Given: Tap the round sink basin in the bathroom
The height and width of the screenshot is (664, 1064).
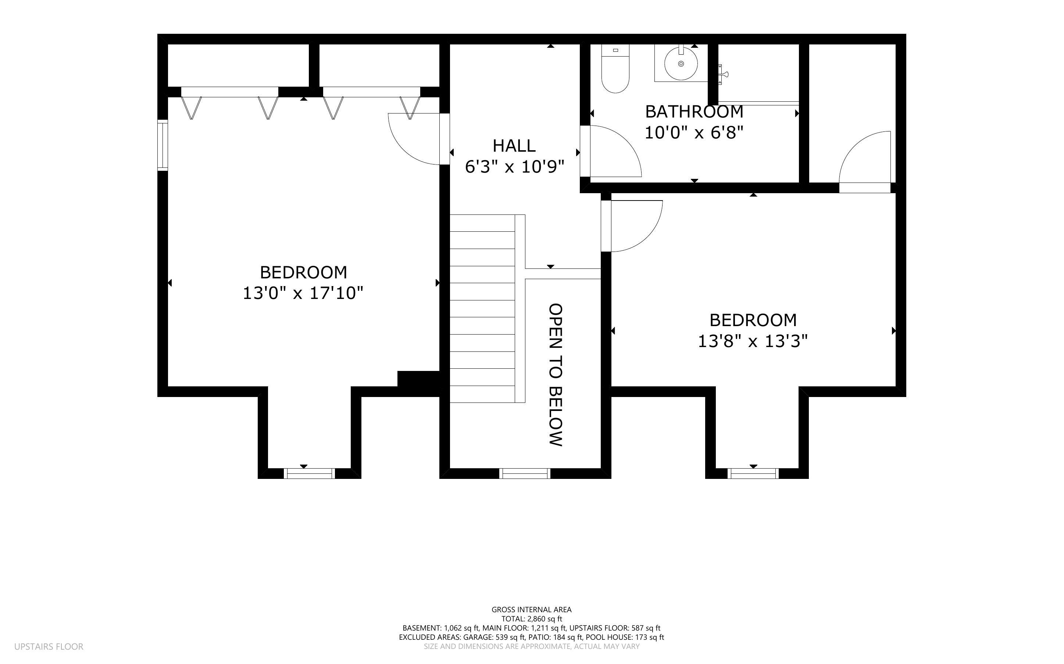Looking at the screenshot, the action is click(681, 64).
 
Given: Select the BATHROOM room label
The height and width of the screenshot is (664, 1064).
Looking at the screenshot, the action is click(694, 112).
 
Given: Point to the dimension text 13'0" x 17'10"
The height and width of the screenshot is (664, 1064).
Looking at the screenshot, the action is click(303, 293).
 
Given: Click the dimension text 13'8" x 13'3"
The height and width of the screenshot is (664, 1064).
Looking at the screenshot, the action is click(753, 341).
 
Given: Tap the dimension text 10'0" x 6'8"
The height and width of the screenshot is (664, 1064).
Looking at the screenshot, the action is click(694, 132).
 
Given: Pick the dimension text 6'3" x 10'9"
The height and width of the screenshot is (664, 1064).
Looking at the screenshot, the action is click(514, 167).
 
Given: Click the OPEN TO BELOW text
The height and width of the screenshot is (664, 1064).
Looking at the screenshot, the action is click(556, 375).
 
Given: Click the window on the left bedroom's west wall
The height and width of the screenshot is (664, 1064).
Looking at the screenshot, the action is click(163, 145).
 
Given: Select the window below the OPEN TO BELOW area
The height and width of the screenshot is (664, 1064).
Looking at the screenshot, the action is click(525, 473).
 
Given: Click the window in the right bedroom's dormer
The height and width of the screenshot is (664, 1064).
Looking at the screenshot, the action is click(753, 473).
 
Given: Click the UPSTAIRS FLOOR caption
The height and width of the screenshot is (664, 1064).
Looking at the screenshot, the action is click(49, 646).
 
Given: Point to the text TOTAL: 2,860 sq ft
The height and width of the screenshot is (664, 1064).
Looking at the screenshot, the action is click(531, 619).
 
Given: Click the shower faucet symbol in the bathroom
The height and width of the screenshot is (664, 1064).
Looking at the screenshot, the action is click(722, 74).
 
